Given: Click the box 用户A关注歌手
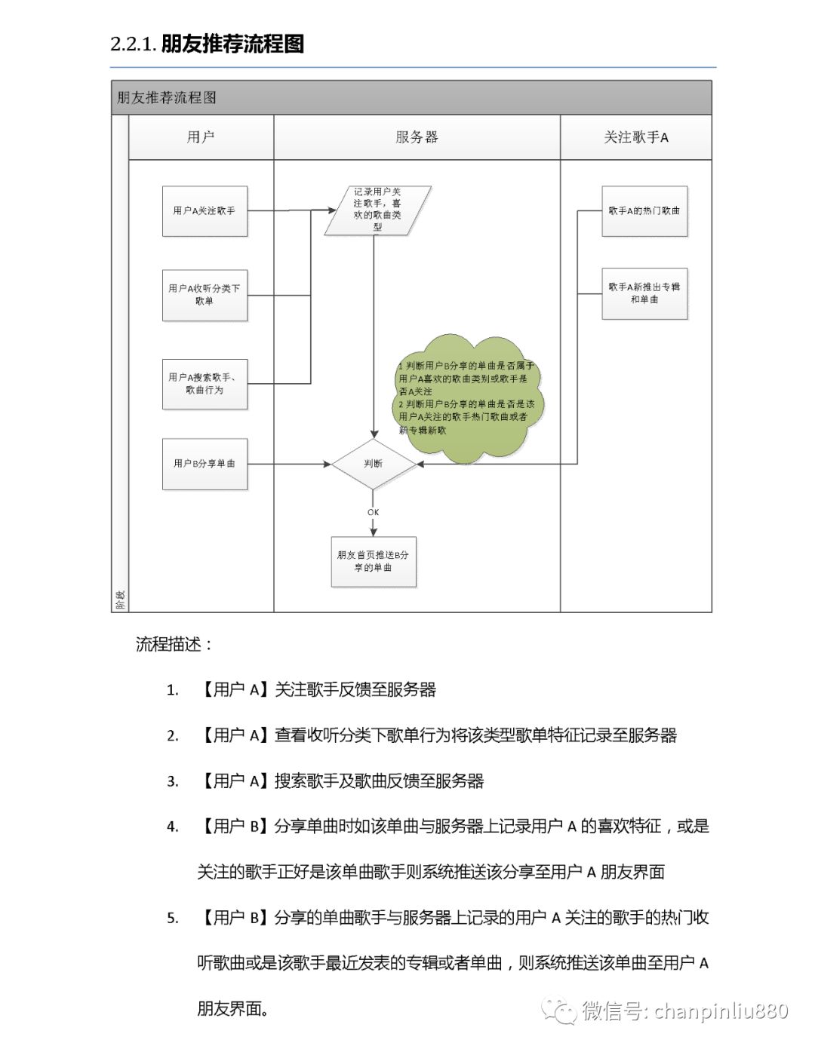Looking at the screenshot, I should tap(205, 211).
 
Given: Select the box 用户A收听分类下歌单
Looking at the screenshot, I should tap(205, 295).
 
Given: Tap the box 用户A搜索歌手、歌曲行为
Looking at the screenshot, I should tap(205, 384).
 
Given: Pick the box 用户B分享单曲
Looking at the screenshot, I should tap(205, 464).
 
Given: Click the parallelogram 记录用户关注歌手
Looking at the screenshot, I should tap(377, 210).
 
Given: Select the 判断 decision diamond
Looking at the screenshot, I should tap(374, 464).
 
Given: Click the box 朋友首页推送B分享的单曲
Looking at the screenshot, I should tap(374, 561).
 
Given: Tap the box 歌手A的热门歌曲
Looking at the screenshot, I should tap(644, 211).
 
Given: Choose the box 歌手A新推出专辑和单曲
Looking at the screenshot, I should tap(644, 293).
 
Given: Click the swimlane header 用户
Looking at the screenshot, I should tap(201, 137).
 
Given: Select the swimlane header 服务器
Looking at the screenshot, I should tap(417, 137).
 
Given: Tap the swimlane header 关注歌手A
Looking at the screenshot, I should tap(636, 137).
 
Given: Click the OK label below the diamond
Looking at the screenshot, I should tap(373, 512).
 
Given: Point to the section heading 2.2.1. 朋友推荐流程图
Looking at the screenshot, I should tap(208, 44).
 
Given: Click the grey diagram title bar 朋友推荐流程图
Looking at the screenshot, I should tap(411, 98).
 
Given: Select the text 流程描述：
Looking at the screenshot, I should tap(174, 644).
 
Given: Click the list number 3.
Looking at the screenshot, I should tap(173, 781).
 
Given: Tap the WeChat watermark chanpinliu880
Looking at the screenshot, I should tap(683, 1011).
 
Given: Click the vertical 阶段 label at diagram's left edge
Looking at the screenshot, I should tap(120, 600).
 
